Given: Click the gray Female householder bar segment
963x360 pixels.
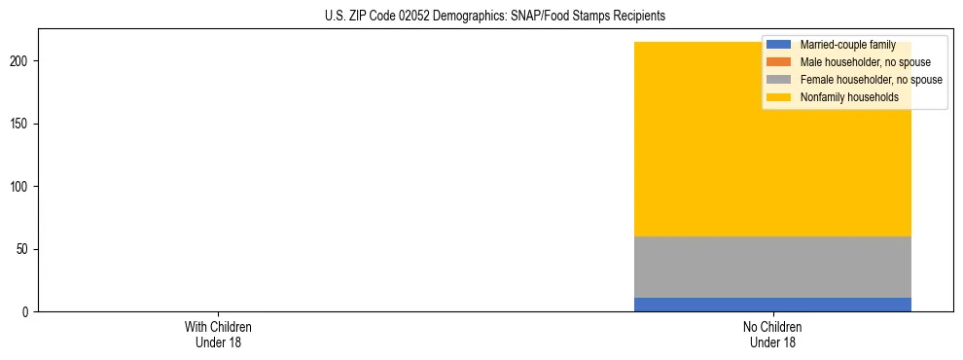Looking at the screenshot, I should click(772, 267).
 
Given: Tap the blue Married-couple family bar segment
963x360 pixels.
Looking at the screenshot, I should click(772, 305).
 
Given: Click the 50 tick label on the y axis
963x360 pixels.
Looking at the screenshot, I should click(23, 249).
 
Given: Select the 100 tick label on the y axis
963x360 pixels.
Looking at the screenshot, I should click(20, 186).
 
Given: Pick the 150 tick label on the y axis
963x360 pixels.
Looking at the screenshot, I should click(20, 124).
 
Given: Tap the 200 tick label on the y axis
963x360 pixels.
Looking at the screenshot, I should click(20, 61).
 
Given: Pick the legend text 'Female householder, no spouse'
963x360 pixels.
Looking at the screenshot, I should click(871, 80).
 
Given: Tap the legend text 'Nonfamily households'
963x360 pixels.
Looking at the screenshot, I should click(849, 97).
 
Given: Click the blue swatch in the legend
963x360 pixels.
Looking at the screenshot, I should click(778, 45).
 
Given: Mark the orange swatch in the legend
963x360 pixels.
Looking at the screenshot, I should click(778, 62).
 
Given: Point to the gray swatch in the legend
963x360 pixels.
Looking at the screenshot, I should click(778, 80).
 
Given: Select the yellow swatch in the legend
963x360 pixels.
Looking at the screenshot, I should click(778, 97).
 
